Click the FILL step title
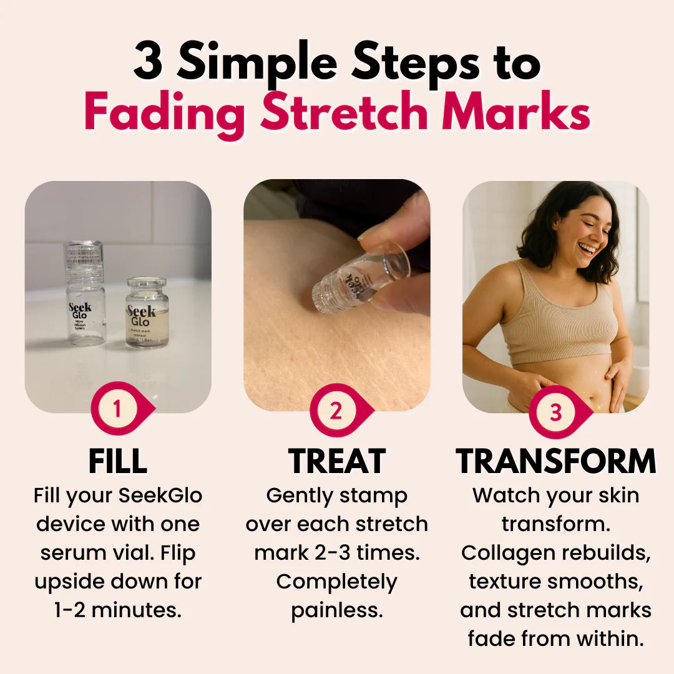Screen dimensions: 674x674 coord(118,461)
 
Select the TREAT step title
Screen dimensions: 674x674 coord(337,461)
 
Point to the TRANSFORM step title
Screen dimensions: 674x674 coord(556,461)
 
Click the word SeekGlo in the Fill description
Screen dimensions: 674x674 coord(160,496)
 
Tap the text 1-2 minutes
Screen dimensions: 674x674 coord(118,610)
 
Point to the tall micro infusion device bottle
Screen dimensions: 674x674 coord(84,293)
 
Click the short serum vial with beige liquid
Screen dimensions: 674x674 coord(147,313)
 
